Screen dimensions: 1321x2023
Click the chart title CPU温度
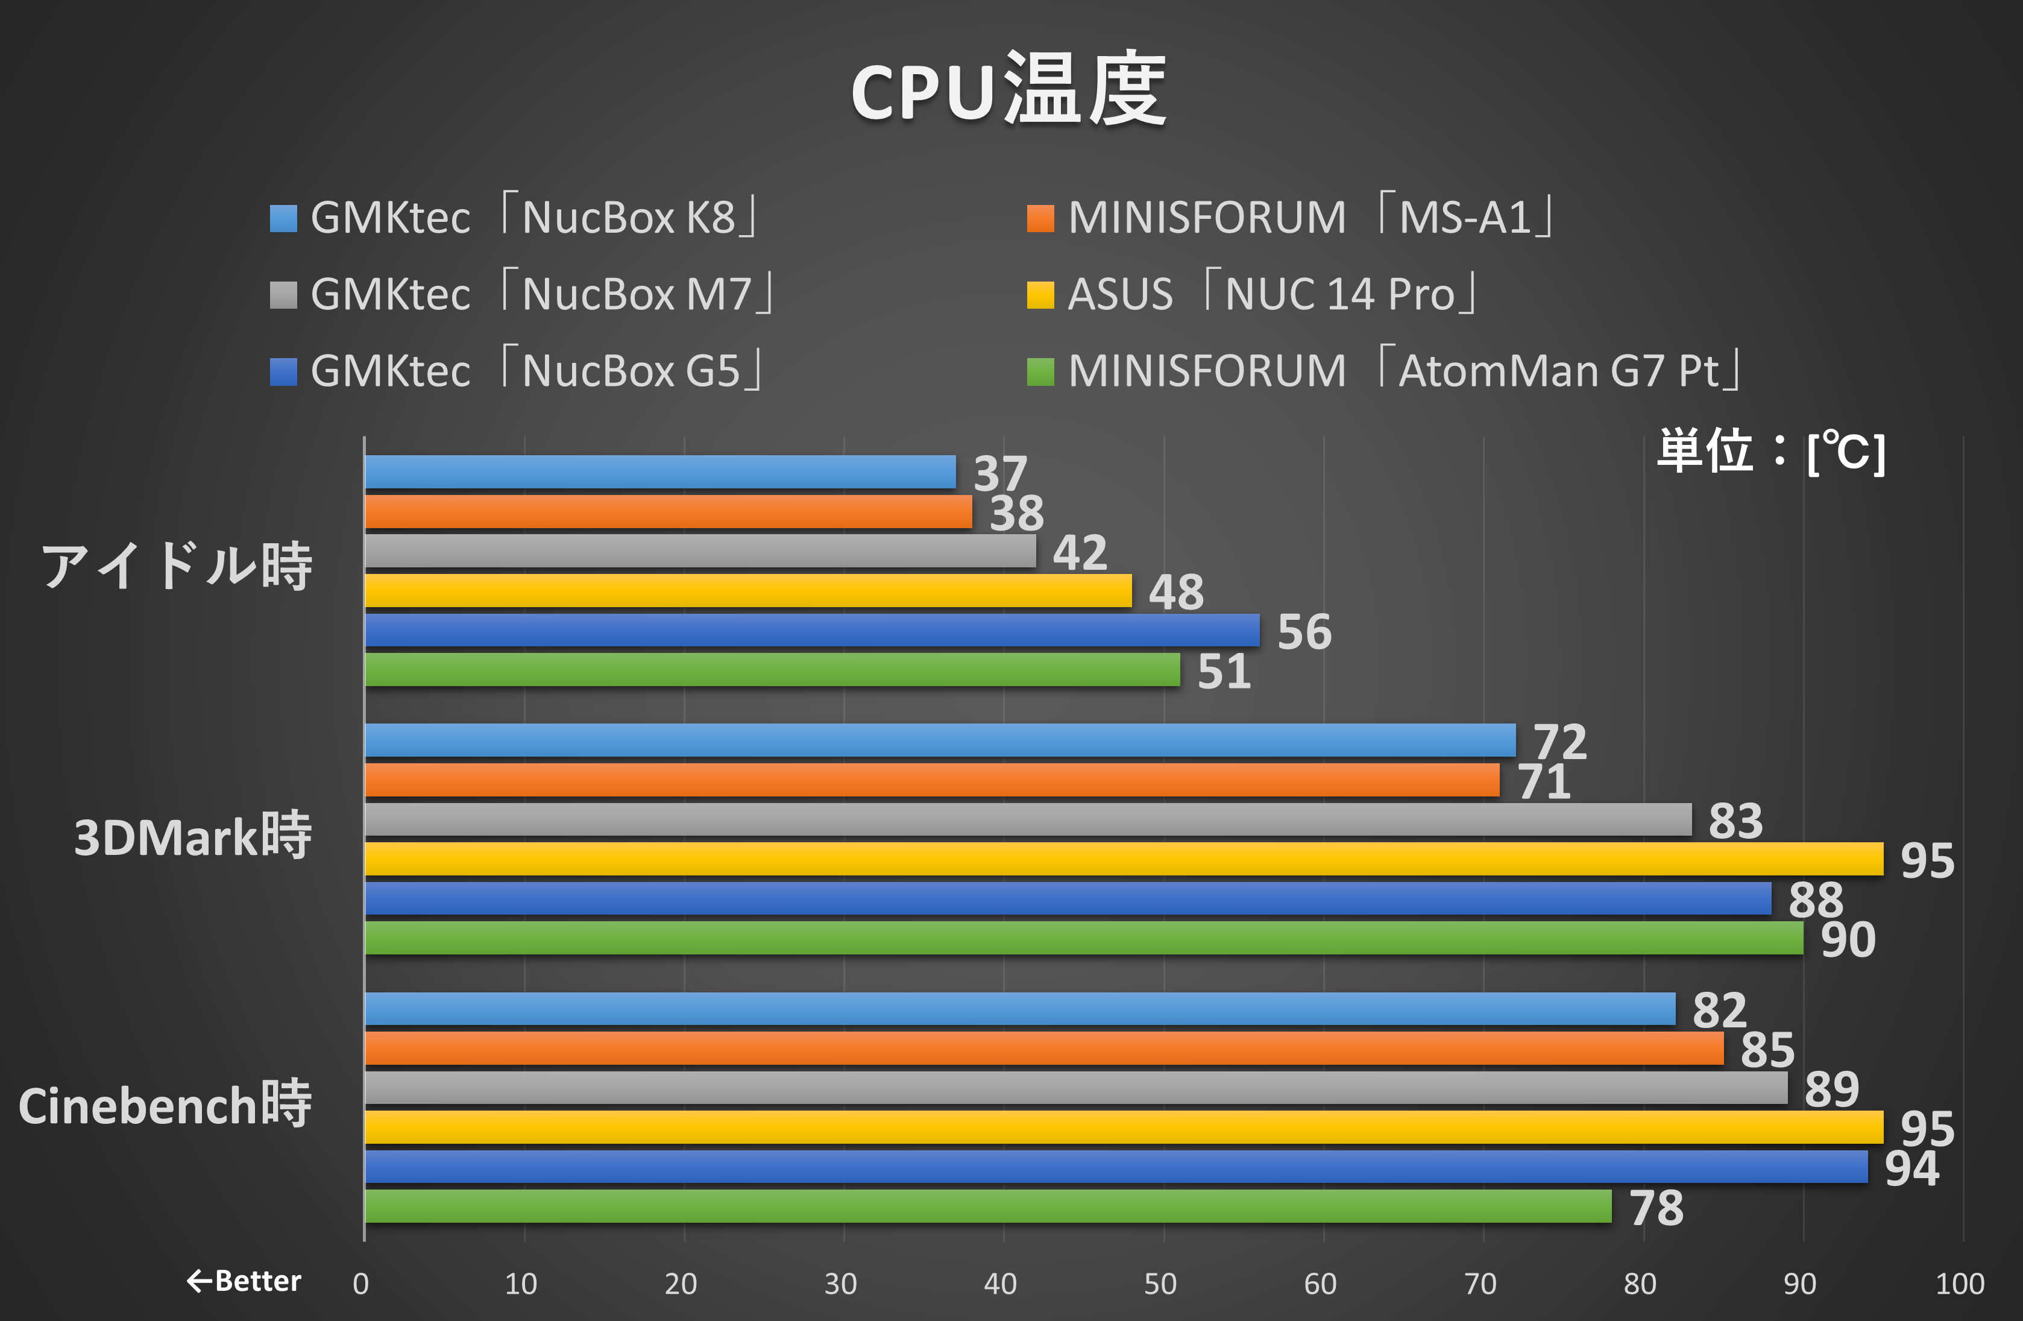(1009, 90)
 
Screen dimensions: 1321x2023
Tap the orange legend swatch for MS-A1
(1040, 218)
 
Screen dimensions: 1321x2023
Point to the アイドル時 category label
(177, 566)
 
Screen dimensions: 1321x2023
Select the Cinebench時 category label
(165, 1105)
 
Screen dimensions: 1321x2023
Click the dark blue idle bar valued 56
(812, 631)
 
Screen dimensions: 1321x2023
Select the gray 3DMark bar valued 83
(1028, 819)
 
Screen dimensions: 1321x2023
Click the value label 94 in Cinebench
(1911, 1168)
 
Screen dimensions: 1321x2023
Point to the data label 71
(1544, 781)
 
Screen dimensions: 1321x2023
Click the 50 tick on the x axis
(1160, 1284)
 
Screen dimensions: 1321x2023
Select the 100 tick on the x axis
(1959, 1284)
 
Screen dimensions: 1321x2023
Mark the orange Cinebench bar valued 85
(1044, 1048)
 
